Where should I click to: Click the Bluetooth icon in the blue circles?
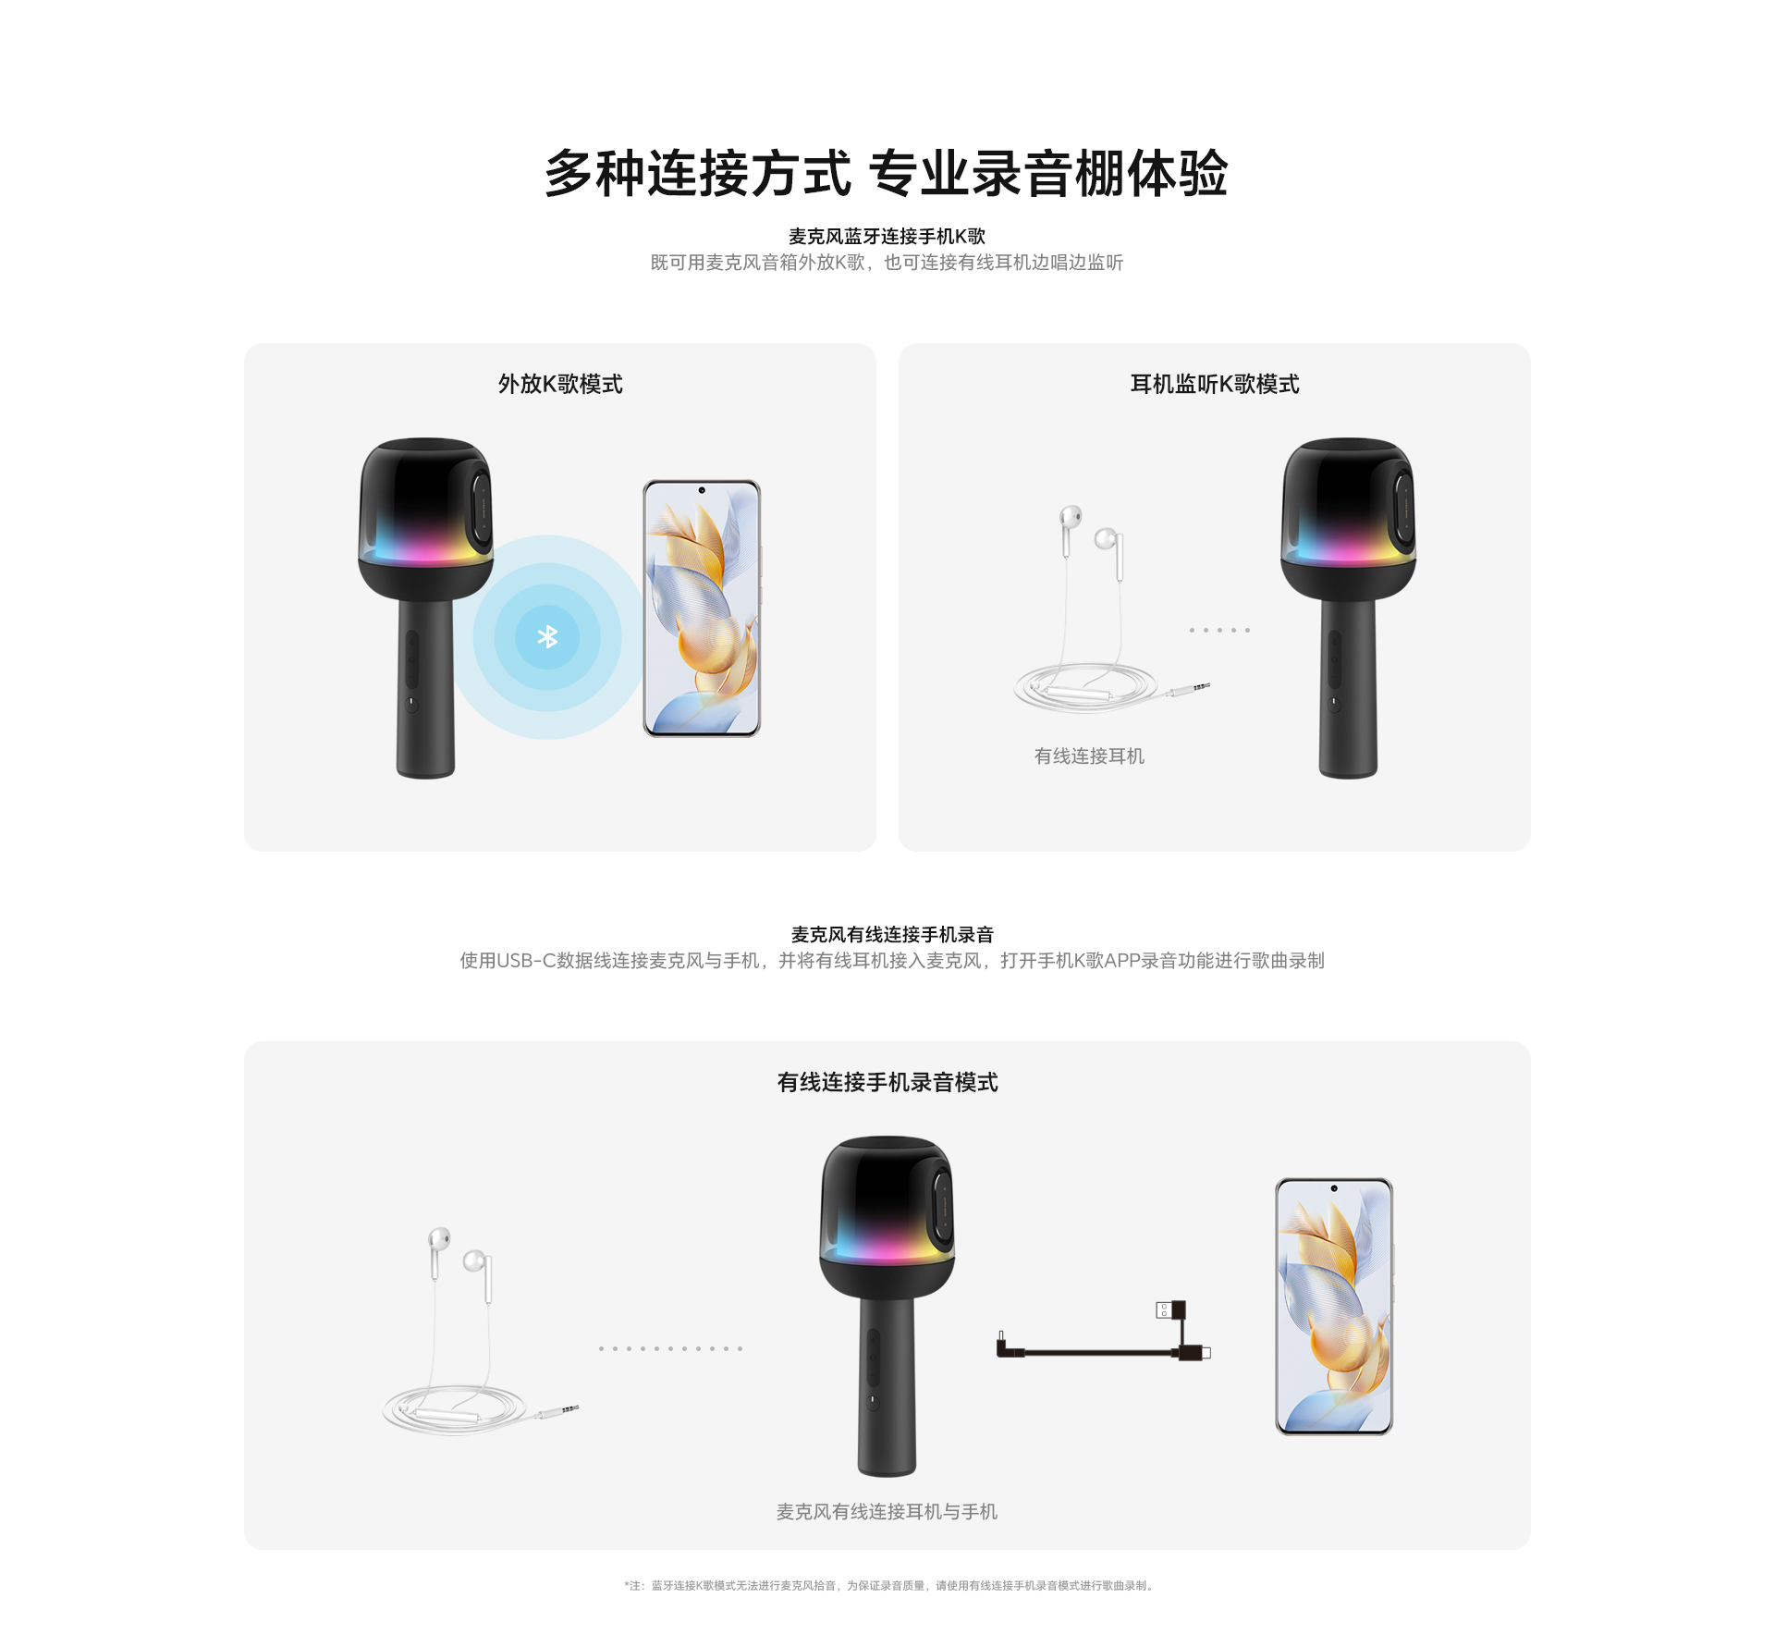(x=547, y=636)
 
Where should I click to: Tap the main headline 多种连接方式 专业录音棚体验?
(x=887, y=173)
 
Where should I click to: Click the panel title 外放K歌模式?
(x=560, y=384)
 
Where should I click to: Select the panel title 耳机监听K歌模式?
(x=1215, y=384)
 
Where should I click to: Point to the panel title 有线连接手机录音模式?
(x=887, y=1082)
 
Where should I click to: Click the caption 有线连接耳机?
(x=1089, y=756)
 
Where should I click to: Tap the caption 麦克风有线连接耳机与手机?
(x=887, y=1511)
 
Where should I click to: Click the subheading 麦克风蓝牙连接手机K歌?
(x=887, y=237)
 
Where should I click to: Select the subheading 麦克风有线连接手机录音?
(x=892, y=935)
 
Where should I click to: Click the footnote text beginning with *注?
(x=888, y=1585)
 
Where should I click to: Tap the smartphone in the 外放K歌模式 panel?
(x=702, y=609)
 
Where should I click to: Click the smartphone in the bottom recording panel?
(x=1334, y=1307)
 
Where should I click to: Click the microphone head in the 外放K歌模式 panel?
(x=425, y=518)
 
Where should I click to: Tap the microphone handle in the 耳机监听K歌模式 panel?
(x=1348, y=689)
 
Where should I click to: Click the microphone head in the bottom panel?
(x=887, y=1216)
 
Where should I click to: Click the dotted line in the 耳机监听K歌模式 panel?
(x=1220, y=630)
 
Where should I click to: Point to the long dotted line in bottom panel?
(x=670, y=1348)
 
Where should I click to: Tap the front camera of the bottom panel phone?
(x=1334, y=1188)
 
